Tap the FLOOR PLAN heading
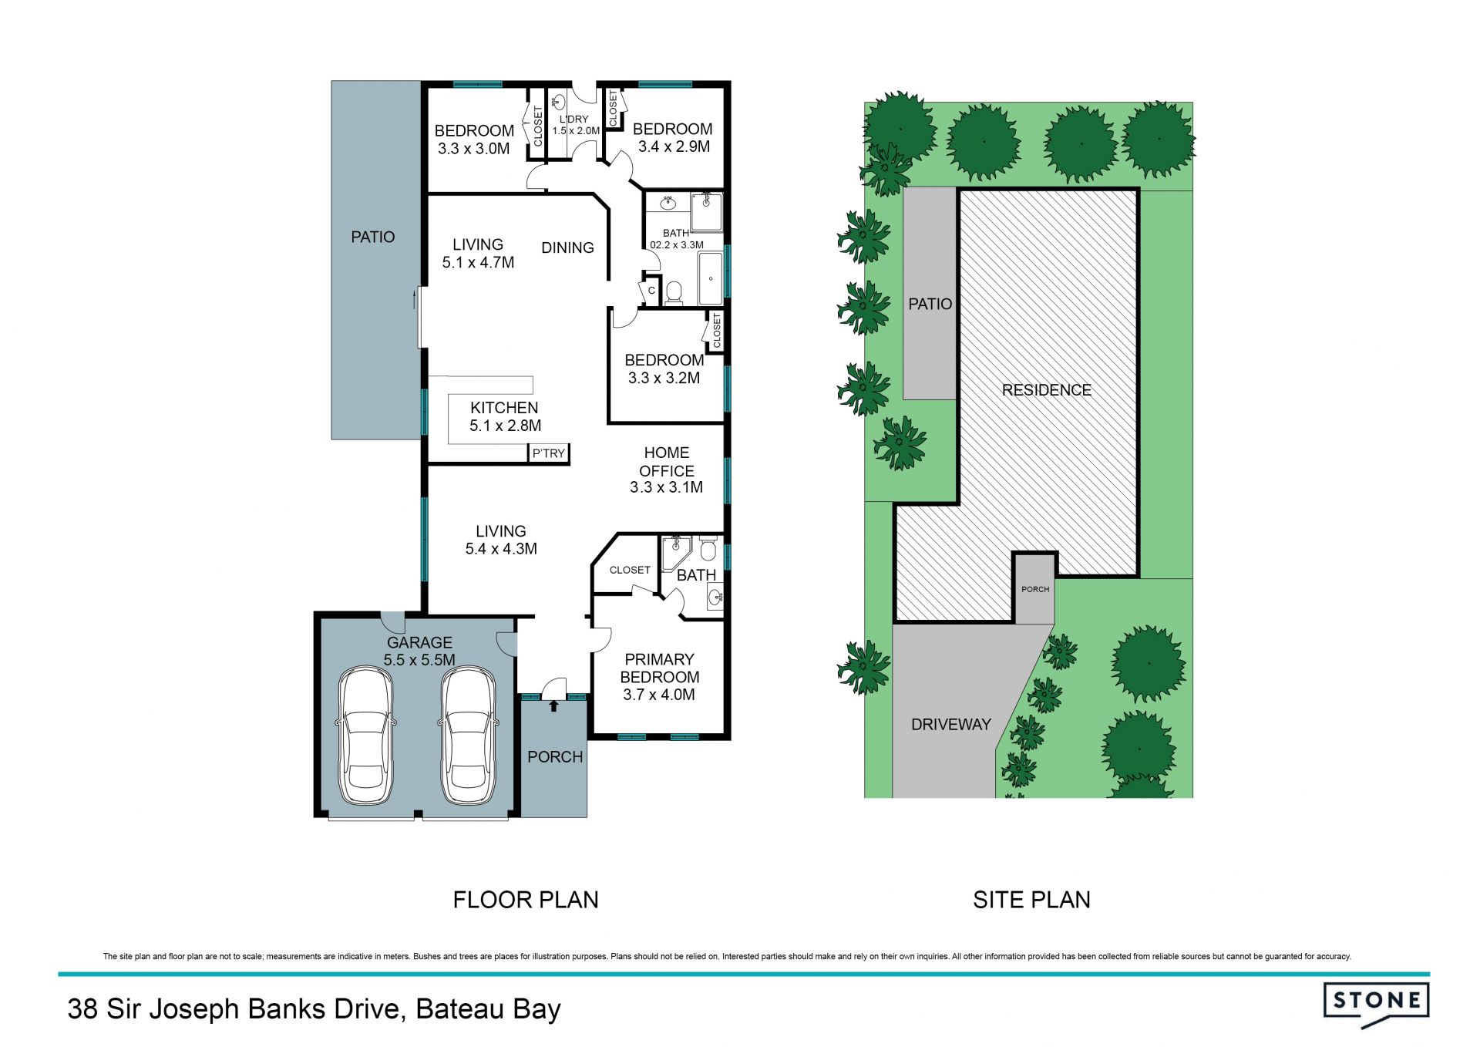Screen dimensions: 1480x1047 (526, 900)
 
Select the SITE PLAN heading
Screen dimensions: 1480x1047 (1031, 900)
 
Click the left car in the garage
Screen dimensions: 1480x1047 (366, 736)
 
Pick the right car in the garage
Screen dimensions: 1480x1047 (468, 736)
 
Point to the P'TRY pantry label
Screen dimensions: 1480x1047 (549, 453)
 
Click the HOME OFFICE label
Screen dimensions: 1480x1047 (667, 462)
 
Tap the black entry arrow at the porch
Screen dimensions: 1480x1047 (553, 705)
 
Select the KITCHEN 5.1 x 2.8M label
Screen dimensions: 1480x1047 (505, 416)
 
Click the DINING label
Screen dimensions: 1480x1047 (567, 247)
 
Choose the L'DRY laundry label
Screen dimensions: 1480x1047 (573, 120)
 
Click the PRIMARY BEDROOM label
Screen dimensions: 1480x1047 (660, 668)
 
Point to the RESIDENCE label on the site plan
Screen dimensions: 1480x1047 (1046, 390)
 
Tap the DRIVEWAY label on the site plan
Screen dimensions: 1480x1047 (950, 725)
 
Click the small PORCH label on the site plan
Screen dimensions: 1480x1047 (1035, 589)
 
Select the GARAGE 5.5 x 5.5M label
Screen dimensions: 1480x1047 (419, 651)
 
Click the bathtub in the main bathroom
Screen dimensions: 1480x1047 (711, 278)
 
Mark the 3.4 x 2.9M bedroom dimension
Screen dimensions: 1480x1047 (674, 146)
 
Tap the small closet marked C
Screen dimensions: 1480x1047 (651, 291)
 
